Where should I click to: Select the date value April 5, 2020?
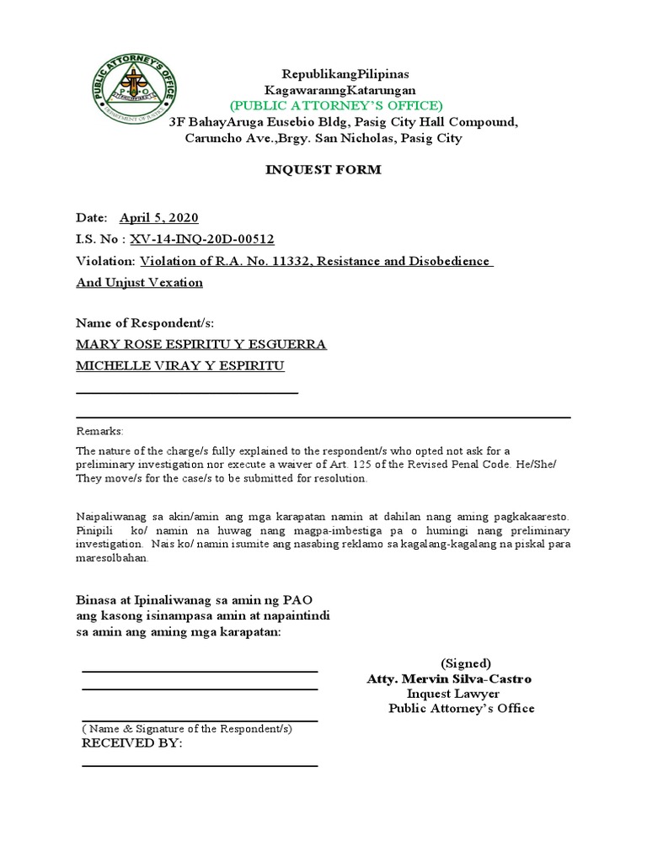point(158,217)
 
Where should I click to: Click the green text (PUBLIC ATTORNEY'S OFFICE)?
point(337,105)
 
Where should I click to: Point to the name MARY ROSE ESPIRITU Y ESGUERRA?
point(201,344)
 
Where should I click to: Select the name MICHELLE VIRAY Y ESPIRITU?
point(180,365)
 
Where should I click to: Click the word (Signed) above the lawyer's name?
point(466,662)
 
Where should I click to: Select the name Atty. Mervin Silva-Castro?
point(449,678)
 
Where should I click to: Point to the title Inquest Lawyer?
point(453,694)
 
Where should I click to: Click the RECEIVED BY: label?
point(131,744)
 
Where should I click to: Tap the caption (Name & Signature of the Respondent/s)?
point(186,728)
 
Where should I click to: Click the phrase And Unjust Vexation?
point(139,282)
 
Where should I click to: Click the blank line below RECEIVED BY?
point(199,765)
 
